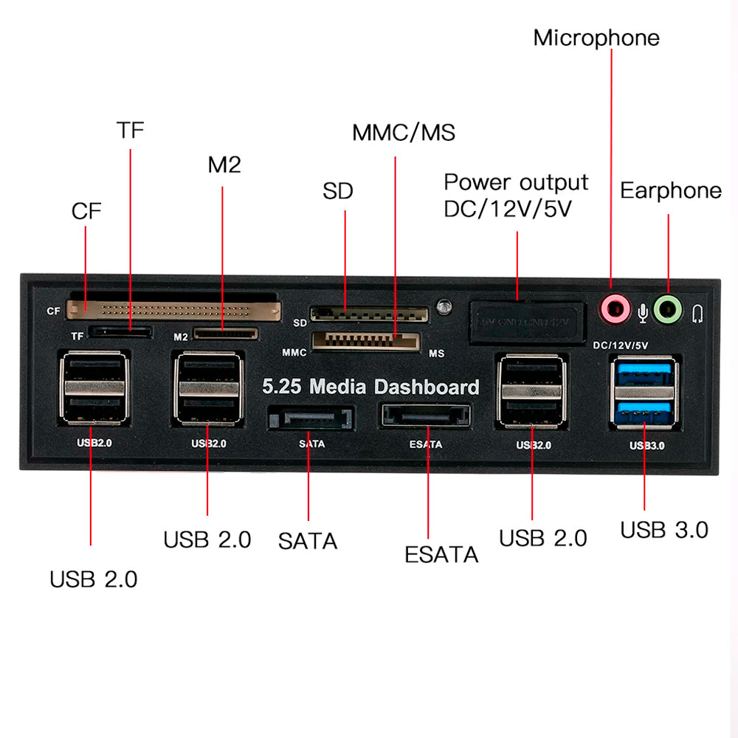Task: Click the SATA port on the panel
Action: click(x=311, y=418)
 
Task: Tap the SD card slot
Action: click(x=369, y=314)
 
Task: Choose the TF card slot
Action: click(x=120, y=333)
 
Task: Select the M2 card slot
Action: click(x=227, y=334)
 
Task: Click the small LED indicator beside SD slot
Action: click(x=444, y=305)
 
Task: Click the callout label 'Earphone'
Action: click(x=670, y=190)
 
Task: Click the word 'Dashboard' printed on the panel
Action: click(x=427, y=387)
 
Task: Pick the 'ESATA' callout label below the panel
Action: click(x=441, y=554)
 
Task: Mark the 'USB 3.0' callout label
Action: click(x=663, y=530)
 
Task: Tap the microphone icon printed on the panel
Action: click(x=643, y=314)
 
